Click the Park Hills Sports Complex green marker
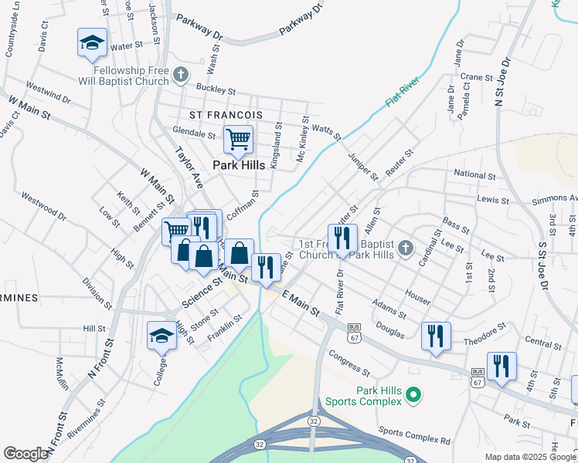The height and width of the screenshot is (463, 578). (x=413, y=396)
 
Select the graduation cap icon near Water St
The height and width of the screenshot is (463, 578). (x=92, y=43)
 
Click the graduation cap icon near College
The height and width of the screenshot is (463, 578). (x=162, y=336)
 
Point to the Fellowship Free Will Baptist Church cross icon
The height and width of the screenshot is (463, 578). (x=181, y=75)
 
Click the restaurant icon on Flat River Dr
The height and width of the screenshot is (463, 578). (x=342, y=238)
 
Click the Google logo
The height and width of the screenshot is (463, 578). (x=25, y=454)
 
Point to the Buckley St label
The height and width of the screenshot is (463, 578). (x=215, y=90)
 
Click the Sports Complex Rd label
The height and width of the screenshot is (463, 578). (x=414, y=434)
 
